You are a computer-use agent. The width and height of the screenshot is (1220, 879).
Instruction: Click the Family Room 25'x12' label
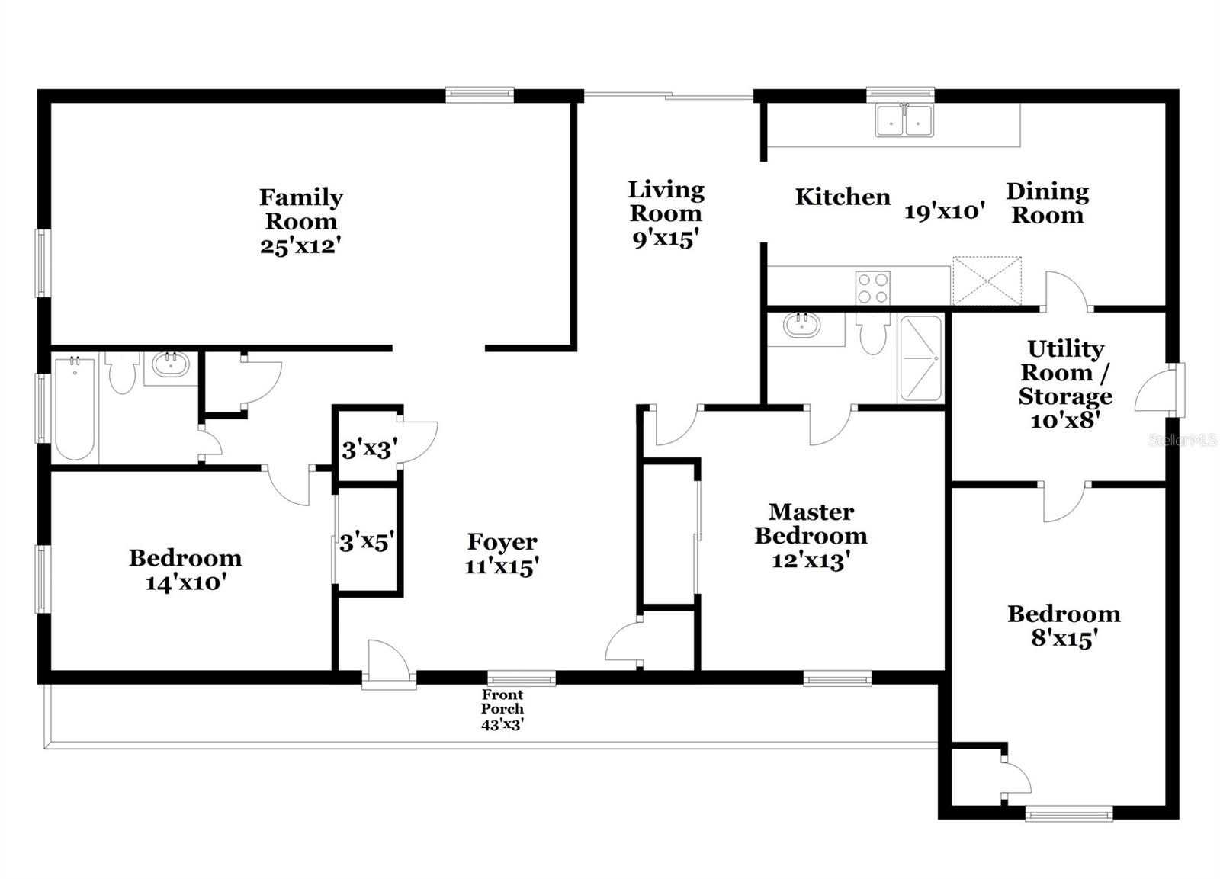coord(300,221)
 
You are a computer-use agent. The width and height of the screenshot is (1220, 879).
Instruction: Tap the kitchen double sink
coord(904,120)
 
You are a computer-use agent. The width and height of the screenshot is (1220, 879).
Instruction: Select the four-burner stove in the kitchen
coord(872,288)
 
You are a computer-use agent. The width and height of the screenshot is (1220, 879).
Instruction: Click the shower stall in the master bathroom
coord(921,358)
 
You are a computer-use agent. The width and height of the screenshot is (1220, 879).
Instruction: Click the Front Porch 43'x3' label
coord(502,709)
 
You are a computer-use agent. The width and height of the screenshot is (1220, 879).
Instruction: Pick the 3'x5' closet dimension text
coord(367,542)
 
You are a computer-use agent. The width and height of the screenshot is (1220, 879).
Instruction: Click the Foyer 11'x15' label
coord(502,553)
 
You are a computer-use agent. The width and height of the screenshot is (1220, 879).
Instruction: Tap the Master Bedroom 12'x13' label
coord(811,536)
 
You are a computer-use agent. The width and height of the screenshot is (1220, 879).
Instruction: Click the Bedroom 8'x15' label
coord(1063,625)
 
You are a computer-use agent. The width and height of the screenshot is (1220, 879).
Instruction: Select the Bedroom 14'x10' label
coord(185,569)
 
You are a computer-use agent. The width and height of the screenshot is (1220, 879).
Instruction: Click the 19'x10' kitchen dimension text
coord(945,211)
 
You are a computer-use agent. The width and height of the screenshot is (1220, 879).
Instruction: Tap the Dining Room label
coord(1047,203)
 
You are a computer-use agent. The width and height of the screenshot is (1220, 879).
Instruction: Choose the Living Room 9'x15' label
coord(666,213)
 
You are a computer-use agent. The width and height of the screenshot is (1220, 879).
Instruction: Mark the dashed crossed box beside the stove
coord(987,281)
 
